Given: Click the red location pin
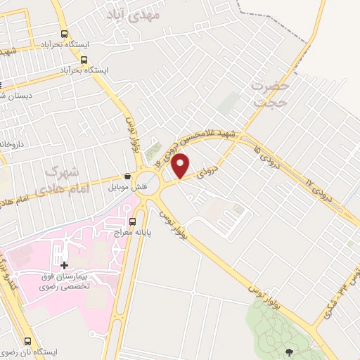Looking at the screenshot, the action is pyautogui.click(x=181, y=166).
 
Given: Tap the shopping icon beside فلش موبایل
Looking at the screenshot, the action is pyautogui.click(x=127, y=176).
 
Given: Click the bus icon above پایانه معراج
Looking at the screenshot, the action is pyautogui.click(x=112, y=224).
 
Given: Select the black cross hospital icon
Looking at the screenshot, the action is pyautogui.click(x=65, y=265).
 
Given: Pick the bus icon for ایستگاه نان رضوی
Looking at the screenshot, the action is pyautogui.click(x=28, y=340).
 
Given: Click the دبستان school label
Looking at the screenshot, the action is pyautogui.click(x=11, y=96).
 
